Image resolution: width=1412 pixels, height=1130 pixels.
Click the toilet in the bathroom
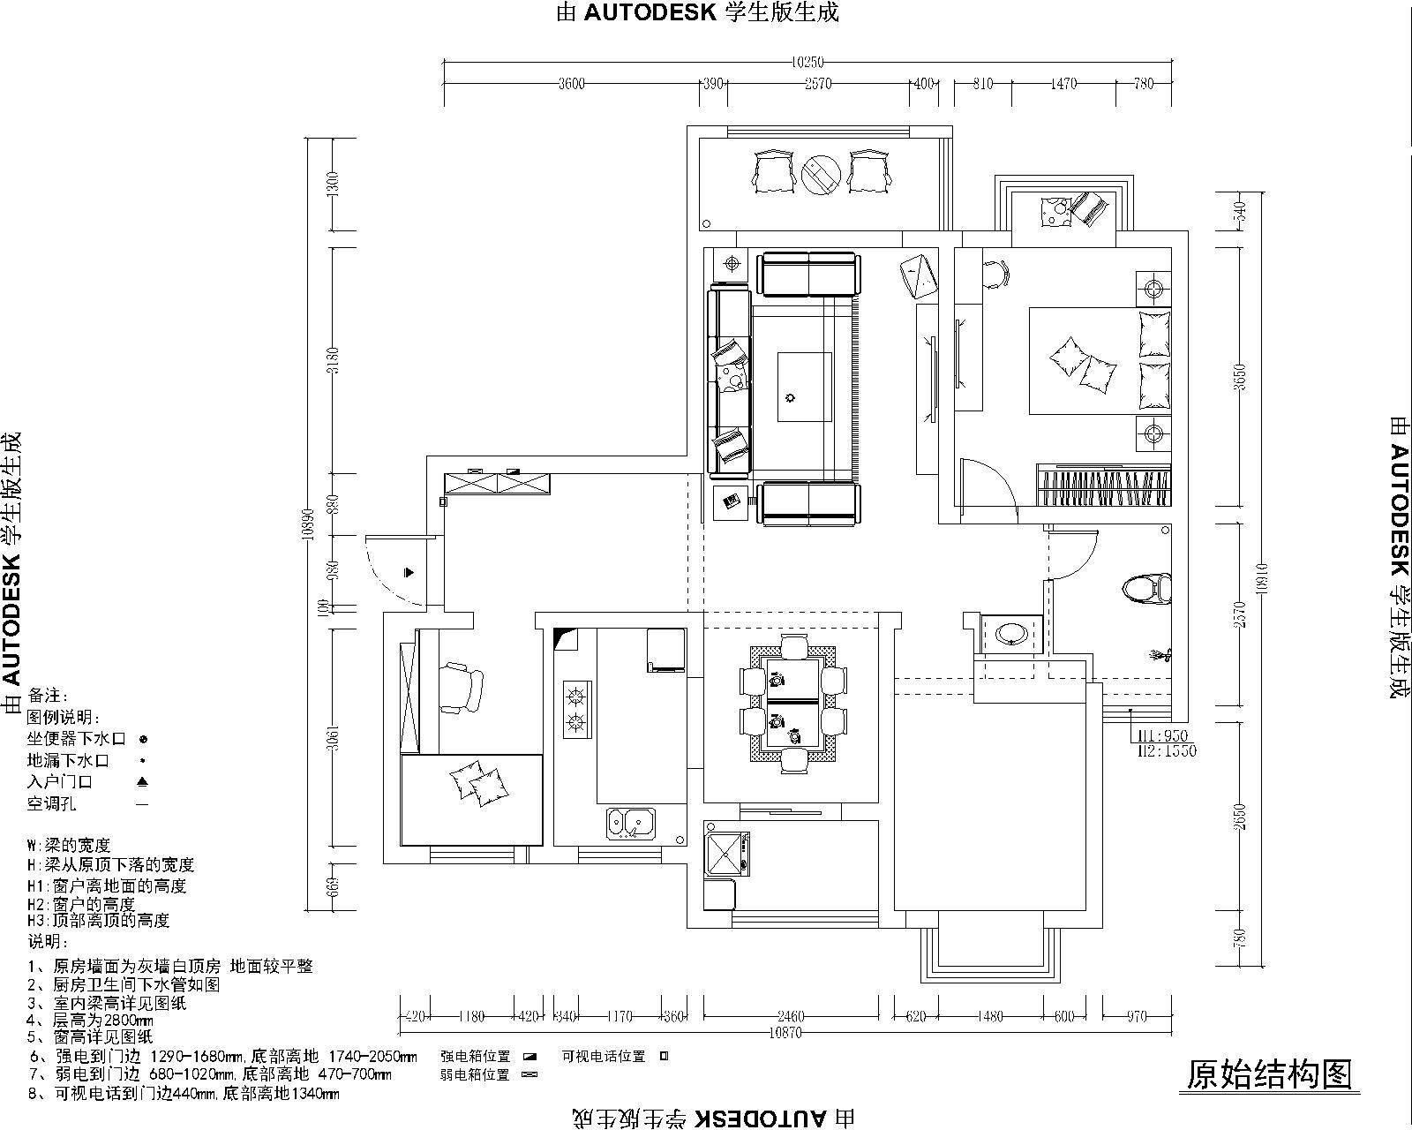[1149, 589]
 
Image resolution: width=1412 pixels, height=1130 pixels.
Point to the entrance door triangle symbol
[409, 572]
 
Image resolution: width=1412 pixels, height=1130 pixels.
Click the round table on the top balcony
[822, 174]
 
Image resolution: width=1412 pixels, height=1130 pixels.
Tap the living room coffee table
[804, 387]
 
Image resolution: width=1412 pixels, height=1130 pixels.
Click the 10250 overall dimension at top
[807, 62]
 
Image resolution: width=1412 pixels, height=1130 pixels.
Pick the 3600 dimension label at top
[572, 84]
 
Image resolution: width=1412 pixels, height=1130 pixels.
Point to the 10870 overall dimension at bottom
[785, 1032]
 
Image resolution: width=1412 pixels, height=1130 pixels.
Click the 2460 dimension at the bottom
[791, 1016]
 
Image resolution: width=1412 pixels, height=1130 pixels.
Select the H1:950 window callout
[1163, 736]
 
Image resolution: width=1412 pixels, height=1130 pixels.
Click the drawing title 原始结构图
[1268, 1074]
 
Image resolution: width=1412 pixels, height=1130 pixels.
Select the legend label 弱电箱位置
[475, 1074]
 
